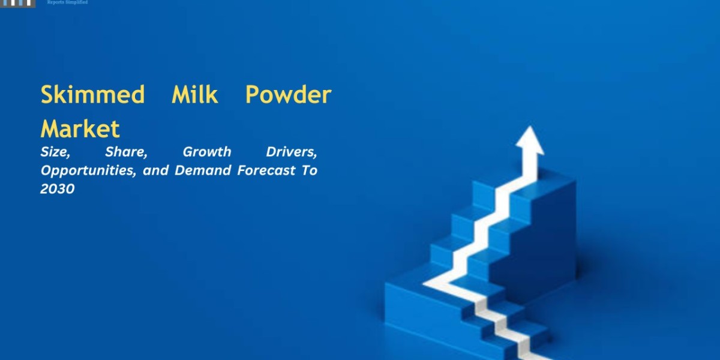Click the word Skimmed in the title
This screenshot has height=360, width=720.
click(92, 95)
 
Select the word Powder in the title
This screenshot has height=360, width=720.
click(288, 94)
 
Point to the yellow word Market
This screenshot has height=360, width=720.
click(80, 129)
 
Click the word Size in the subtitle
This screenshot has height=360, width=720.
click(55, 152)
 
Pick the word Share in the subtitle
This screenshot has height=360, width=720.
click(126, 152)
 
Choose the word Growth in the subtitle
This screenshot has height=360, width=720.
click(206, 152)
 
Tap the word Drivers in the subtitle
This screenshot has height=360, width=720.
click(291, 152)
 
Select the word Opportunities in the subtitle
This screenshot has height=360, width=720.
click(88, 171)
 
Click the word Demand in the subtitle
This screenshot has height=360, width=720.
click(203, 170)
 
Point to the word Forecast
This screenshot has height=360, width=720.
click(266, 170)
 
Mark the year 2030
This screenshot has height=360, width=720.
click(57, 189)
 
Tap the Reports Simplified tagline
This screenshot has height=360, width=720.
click(67, 2)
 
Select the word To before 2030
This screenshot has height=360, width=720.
click(309, 170)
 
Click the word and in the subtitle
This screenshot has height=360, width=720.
click(155, 170)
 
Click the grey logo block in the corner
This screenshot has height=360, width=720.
click(17, 4)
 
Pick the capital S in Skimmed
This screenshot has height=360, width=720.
click(47, 95)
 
